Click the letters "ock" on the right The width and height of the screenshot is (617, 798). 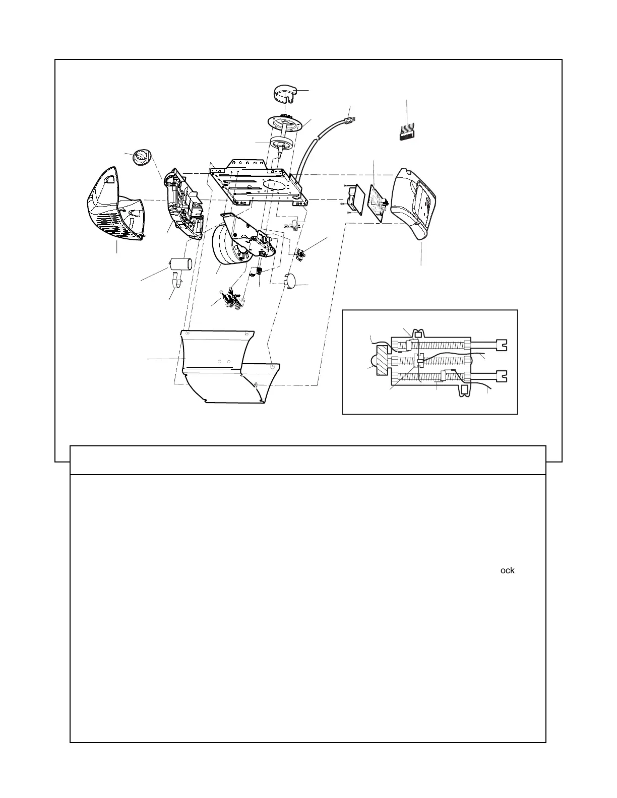[x=507, y=570]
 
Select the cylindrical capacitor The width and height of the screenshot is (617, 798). [x=180, y=264]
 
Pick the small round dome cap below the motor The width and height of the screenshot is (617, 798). [x=291, y=281]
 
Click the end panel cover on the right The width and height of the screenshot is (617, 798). [x=417, y=202]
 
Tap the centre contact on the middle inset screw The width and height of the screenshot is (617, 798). [x=417, y=360]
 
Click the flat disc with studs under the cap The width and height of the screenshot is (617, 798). [x=287, y=123]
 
